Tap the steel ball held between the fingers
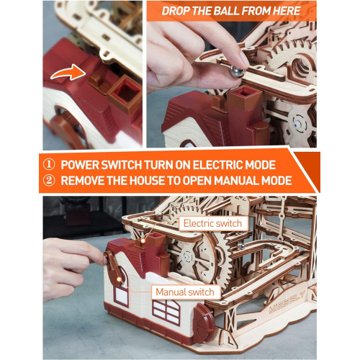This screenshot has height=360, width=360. (237, 71)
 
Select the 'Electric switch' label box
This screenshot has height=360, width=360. (212, 223)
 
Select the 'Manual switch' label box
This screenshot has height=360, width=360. (185, 292)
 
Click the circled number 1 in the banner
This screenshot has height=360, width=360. (49, 165)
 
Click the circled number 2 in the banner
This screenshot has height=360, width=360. (49, 181)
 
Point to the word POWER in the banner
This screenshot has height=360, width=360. (80, 165)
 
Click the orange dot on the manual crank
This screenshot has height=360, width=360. (119, 279)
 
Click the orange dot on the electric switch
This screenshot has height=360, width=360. (143, 240)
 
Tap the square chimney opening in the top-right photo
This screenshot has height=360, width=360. (244, 91)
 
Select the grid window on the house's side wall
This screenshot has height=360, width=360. (166, 311)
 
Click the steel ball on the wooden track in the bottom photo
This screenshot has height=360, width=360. (240, 246)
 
